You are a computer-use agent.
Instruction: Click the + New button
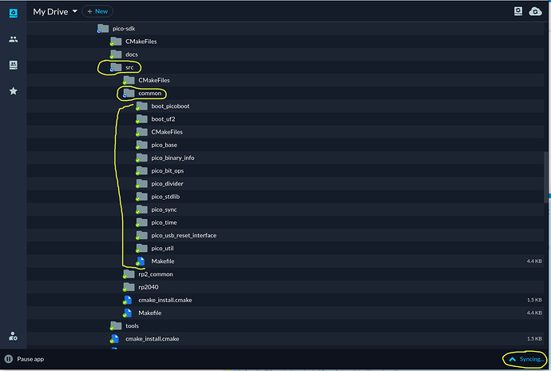[x=97, y=11]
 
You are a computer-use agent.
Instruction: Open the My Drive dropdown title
[x=55, y=12]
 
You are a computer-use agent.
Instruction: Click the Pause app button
[x=24, y=359]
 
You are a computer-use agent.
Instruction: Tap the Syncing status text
[x=531, y=359]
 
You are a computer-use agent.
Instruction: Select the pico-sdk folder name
[x=124, y=29]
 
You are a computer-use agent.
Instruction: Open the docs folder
[x=132, y=54]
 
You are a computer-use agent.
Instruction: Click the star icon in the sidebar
[x=14, y=91]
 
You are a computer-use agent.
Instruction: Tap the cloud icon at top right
[x=535, y=11]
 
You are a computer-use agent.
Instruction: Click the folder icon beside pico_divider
[x=141, y=183]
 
